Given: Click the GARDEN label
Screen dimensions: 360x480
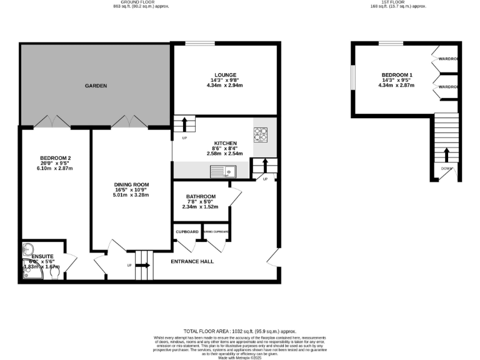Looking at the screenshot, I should click(96, 86).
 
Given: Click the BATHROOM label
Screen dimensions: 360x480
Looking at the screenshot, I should click(201, 196).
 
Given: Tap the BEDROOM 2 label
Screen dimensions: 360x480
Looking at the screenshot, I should click(53, 158).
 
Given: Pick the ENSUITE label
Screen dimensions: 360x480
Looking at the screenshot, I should click(42, 256).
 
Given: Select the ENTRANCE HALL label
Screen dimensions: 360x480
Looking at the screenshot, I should click(192, 261).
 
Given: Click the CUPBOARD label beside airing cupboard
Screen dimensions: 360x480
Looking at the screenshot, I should click(187, 232).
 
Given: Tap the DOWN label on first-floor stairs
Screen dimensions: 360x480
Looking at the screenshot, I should click(446, 168).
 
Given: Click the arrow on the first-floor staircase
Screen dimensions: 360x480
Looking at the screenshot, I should click(446, 154).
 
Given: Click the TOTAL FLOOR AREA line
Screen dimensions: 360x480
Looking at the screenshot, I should click(239, 331).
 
